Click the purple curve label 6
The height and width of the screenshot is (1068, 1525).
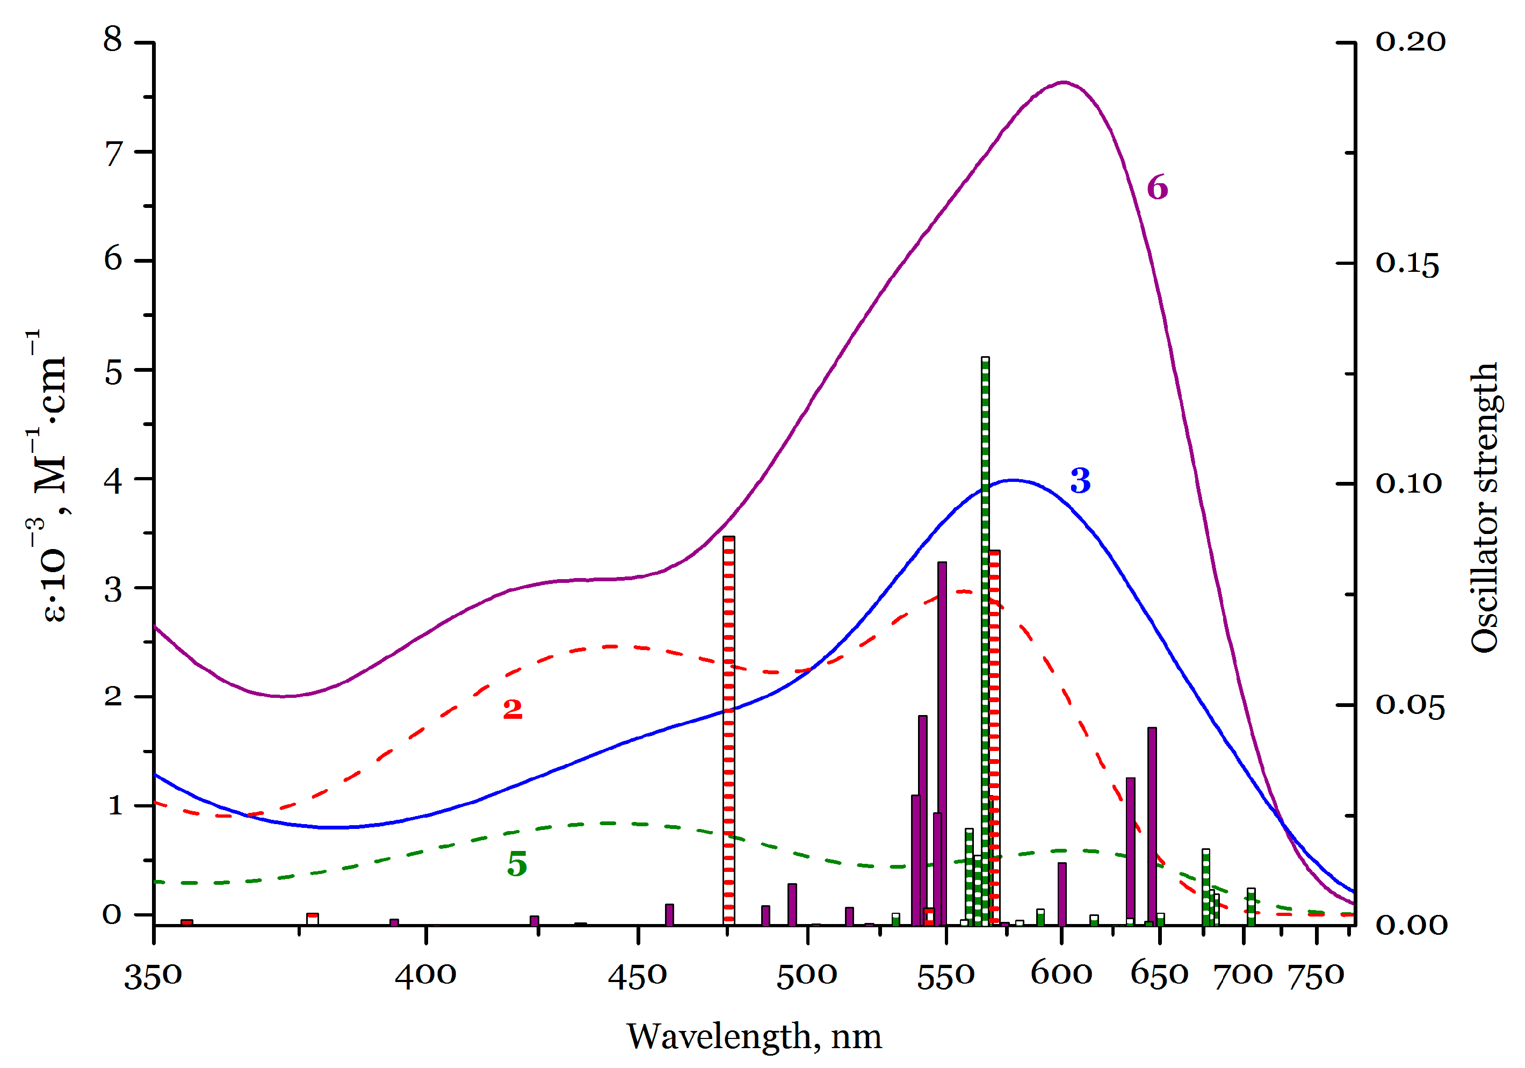(1157, 188)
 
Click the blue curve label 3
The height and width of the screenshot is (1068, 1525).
(1080, 481)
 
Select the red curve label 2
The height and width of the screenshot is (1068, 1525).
(512, 709)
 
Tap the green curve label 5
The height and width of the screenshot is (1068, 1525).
(517, 864)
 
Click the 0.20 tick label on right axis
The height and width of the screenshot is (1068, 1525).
(1410, 42)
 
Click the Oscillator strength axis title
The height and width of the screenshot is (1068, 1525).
(1485, 508)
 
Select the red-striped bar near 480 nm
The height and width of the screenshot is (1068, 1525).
(728, 731)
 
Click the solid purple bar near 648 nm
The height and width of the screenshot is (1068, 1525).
(1152, 824)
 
